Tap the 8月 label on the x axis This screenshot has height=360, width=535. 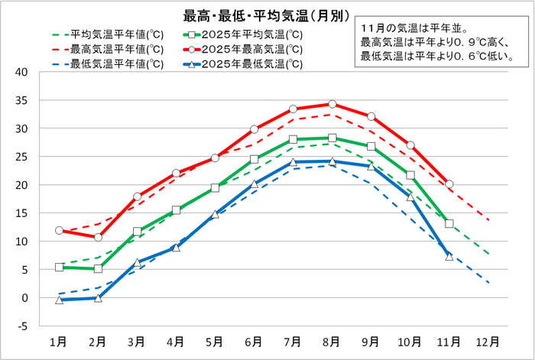pyautogui.click(x=332, y=342)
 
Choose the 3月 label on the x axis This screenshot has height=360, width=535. pyautogui.click(x=138, y=342)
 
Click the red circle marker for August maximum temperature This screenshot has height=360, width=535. pyautogui.click(x=332, y=104)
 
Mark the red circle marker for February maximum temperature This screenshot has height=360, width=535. pyautogui.click(x=99, y=238)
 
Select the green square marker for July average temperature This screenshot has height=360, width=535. pyautogui.click(x=293, y=140)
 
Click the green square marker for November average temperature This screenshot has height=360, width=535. pyautogui.click(x=449, y=224)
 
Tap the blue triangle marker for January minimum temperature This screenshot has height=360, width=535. pyautogui.click(x=60, y=300)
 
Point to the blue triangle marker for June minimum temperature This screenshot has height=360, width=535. pyautogui.click(x=255, y=184)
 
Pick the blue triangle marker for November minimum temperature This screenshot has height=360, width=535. pyautogui.click(x=449, y=257)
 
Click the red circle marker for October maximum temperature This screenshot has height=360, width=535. pyautogui.click(x=410, y=145)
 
